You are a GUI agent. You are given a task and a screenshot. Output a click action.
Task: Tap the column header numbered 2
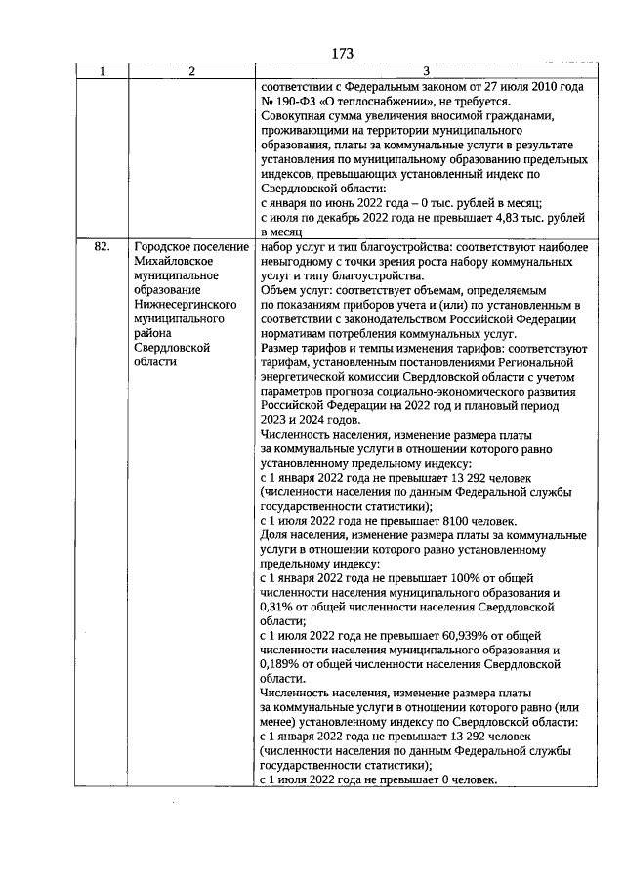(191, 71)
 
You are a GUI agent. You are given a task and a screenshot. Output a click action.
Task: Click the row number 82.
(102, 248)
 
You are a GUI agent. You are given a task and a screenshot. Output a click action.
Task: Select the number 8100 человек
(479, 521)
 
